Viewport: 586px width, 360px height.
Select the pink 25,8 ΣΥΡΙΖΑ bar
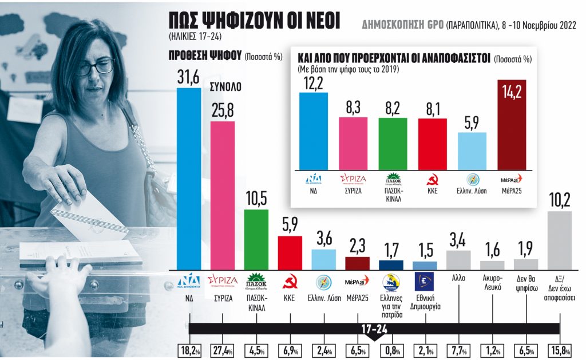222,195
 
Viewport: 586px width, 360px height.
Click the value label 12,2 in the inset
313,84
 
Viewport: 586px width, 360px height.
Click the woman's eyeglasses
96,67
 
